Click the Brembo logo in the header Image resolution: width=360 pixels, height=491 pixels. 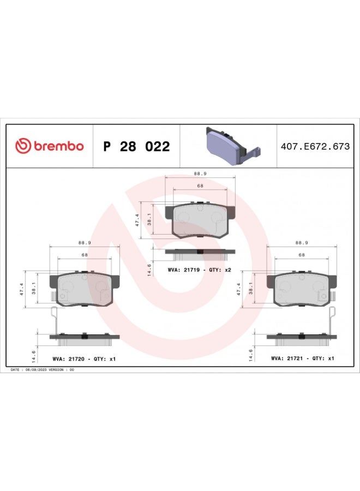pos(50,146)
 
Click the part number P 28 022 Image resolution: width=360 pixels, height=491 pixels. pos(136,146)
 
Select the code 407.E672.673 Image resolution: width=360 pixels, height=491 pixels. pos(315,146)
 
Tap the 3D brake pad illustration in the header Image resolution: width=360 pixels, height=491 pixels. pos(233,146)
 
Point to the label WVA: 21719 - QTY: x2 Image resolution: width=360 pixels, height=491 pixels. pos(200,270)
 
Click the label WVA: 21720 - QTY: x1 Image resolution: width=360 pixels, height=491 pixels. pos(84,359)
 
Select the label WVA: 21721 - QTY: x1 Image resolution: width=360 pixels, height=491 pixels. pos(302,358)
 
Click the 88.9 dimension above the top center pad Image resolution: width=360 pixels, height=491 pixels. pos(200,173)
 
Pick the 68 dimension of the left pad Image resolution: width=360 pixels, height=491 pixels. pos(85,255)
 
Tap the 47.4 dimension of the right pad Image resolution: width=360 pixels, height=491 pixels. pos(238,289)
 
